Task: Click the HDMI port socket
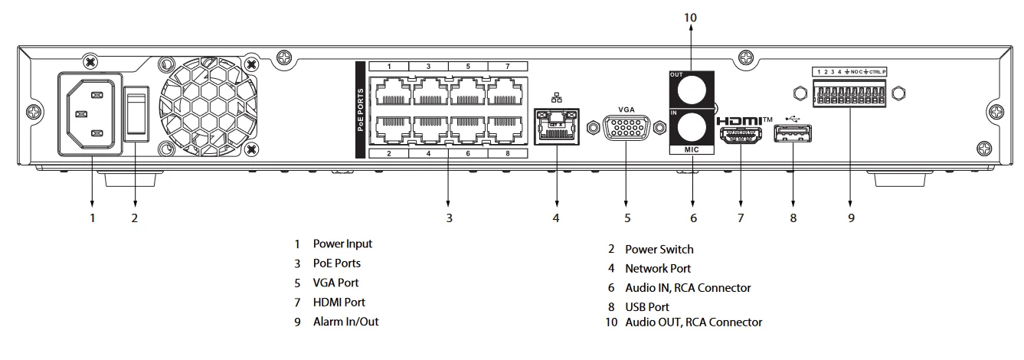(741, 138)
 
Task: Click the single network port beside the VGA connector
(555, 124)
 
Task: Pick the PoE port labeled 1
(389, 92)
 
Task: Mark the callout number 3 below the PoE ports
(449, 218)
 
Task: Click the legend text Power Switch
(659, 249)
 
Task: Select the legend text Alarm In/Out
(345, 322)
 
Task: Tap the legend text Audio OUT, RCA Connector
(693, 322)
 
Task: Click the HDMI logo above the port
(744, 121)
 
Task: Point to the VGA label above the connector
(627, 110)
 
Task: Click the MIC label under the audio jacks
(692, 150)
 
